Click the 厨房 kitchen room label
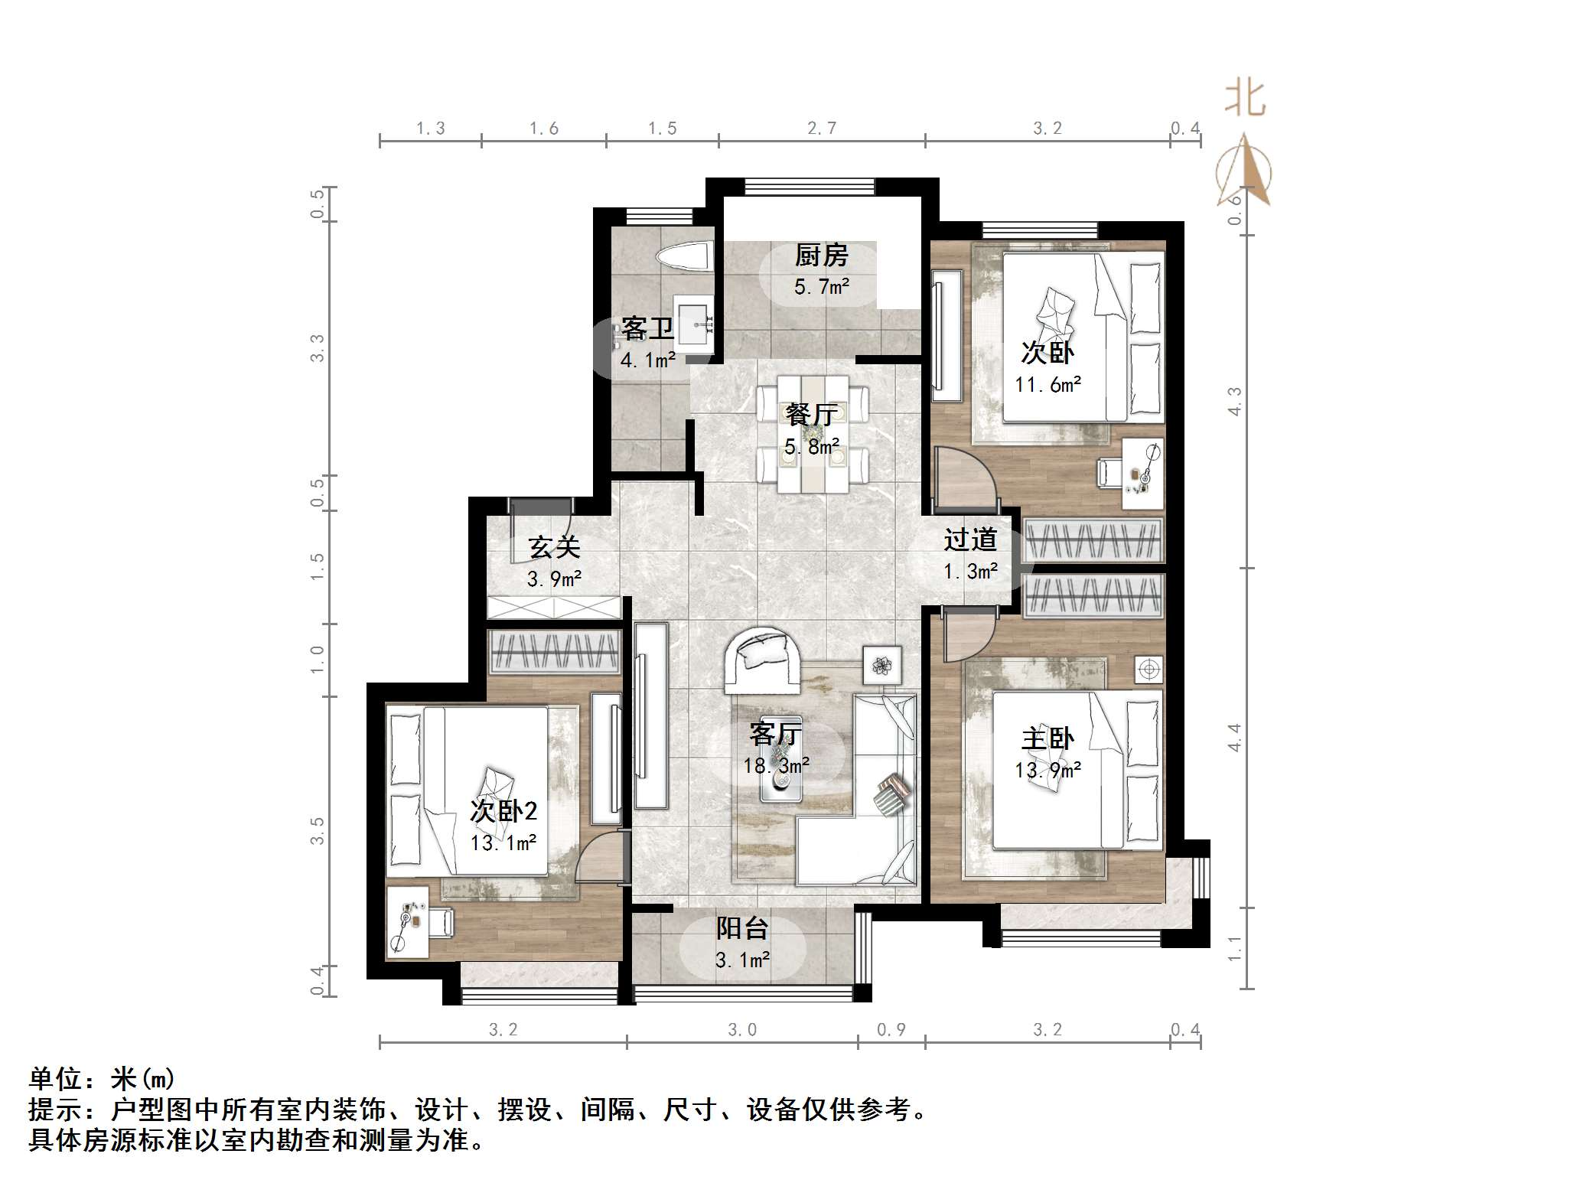point(821,256)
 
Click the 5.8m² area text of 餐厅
point(812,446)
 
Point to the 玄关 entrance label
point(554,547)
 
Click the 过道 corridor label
point(970,540)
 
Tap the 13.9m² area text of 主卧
point(1048,770)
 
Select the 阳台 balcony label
point(742,928)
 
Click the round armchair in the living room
point(761,658)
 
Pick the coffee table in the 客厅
point(781,769)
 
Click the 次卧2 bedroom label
point(503,811)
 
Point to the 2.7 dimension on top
point(822,129)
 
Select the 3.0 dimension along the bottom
point(741,1030)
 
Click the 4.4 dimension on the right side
point(1234,738)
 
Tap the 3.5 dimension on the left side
point(317,831)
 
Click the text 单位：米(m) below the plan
point(103,1079)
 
